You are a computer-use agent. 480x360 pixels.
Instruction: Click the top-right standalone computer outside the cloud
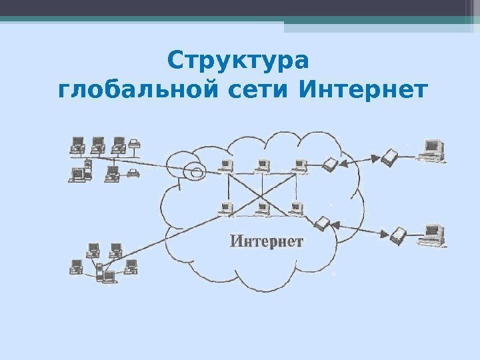[x=431, y=149]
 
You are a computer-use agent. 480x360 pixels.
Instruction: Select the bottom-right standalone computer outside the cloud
[x=433, y=233]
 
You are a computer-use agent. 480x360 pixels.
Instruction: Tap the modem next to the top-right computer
[x=389, y=157]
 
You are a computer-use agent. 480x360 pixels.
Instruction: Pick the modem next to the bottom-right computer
[x=398, y=234]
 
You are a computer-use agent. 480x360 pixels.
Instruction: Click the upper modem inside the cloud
[x=329, y=163]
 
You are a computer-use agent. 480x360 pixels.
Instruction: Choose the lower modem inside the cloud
[x=323, y=223]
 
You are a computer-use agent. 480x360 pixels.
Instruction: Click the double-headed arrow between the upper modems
[x=359, y=160]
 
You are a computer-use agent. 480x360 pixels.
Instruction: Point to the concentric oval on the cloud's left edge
[x=195, y=173]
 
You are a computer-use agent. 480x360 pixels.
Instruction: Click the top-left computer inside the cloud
[x=226, y=164]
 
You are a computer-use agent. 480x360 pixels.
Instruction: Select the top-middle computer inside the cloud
[x=263, y=164]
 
